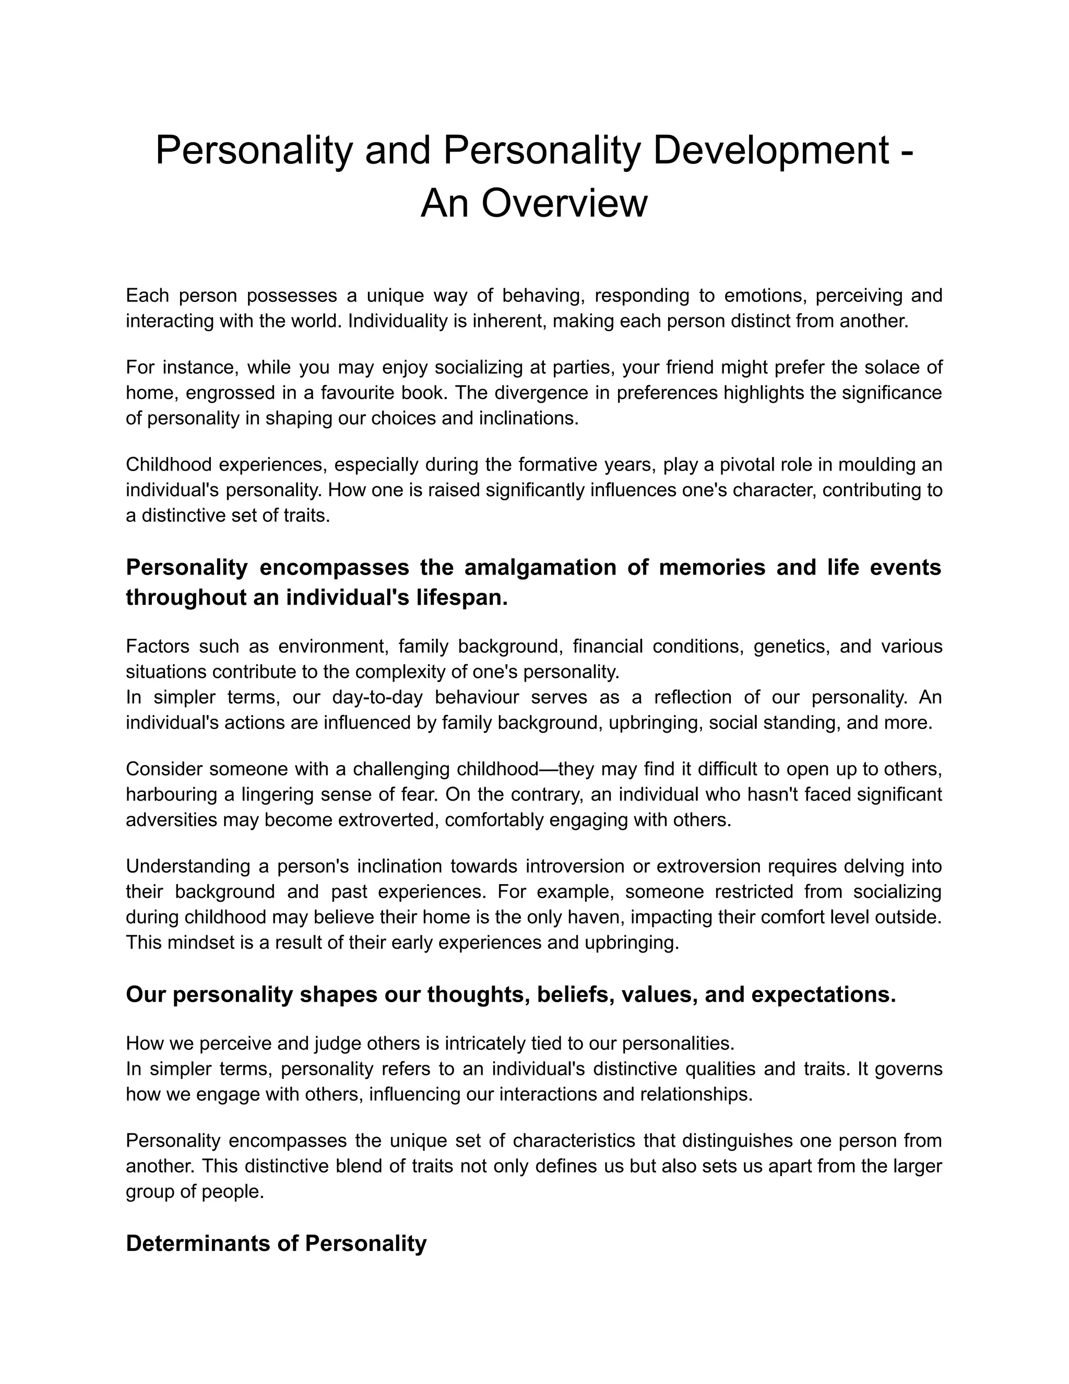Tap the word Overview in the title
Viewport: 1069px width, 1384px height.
click(564, 204)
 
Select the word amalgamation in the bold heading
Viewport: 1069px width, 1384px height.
click(540, 567)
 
